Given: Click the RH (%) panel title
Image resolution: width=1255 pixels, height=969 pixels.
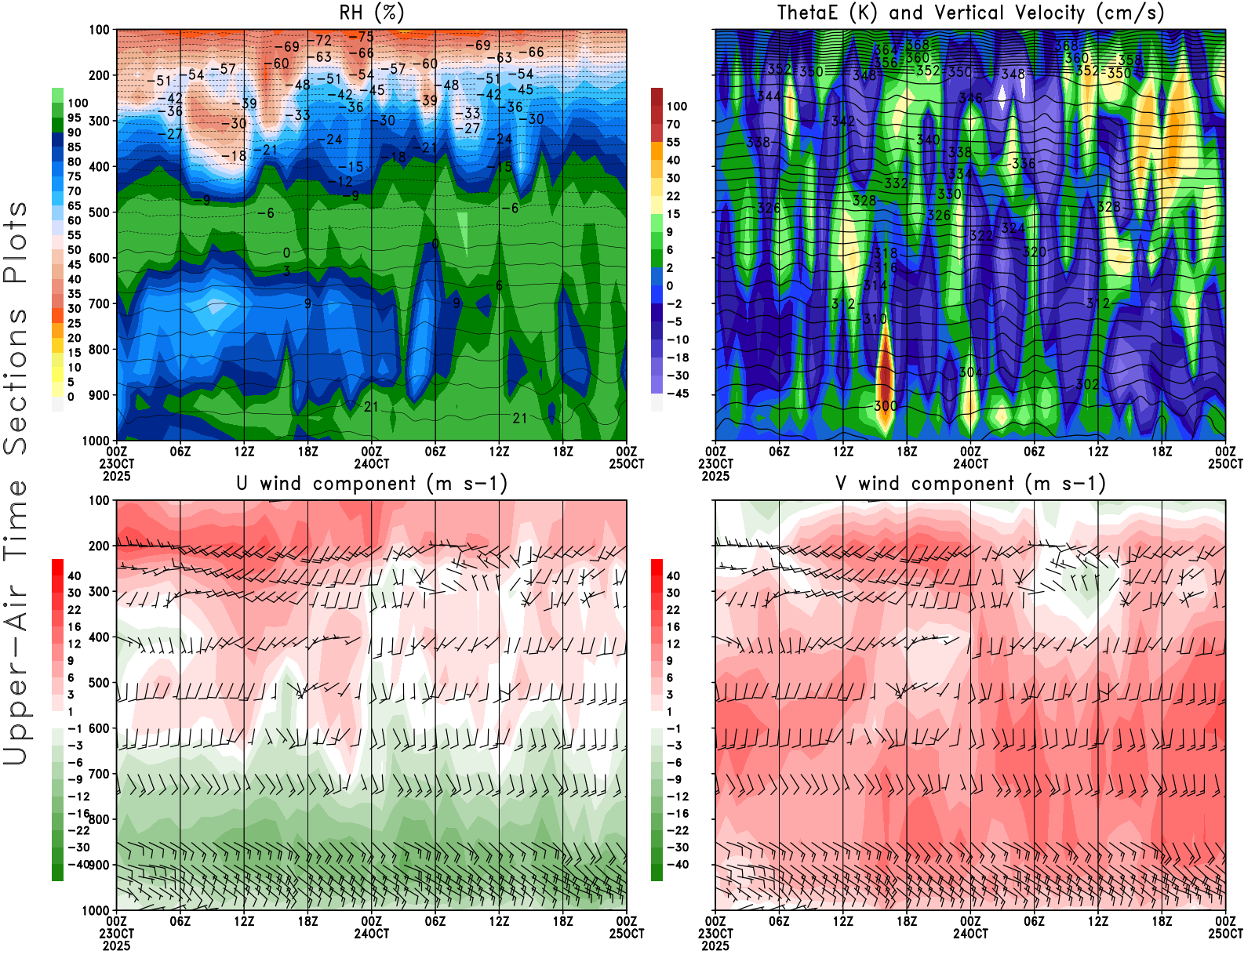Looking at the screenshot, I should [372, 13].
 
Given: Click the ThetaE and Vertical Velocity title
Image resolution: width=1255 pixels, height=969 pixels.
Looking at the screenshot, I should [970, 13].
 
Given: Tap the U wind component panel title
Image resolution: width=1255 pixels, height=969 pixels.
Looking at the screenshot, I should [372, 484].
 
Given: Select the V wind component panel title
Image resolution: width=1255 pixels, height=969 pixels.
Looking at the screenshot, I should [970, 484].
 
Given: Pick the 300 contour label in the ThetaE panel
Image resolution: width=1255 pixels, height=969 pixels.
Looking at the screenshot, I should [886, 406].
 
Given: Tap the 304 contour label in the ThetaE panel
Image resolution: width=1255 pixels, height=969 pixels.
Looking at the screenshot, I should [970, 372].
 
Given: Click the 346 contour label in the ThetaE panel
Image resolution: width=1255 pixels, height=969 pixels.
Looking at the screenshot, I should [970, 99].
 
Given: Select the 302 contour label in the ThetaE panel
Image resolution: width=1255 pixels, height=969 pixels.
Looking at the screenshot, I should [1087, 384].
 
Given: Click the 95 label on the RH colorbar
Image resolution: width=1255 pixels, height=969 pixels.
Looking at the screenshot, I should [74, 118].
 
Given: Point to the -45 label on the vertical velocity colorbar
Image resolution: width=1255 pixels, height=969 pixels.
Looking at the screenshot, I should [677, 394].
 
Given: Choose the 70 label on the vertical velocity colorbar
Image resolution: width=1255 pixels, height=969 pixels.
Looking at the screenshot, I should [673, 124].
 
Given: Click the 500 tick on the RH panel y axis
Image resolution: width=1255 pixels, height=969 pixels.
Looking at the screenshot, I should [99, 212].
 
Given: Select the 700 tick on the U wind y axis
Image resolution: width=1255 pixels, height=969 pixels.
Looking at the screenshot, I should [99, 774].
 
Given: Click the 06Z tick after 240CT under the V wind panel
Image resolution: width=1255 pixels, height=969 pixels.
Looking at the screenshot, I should [1034, 921].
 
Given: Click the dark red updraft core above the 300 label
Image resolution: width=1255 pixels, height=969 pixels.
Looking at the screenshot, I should [885, 368].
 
